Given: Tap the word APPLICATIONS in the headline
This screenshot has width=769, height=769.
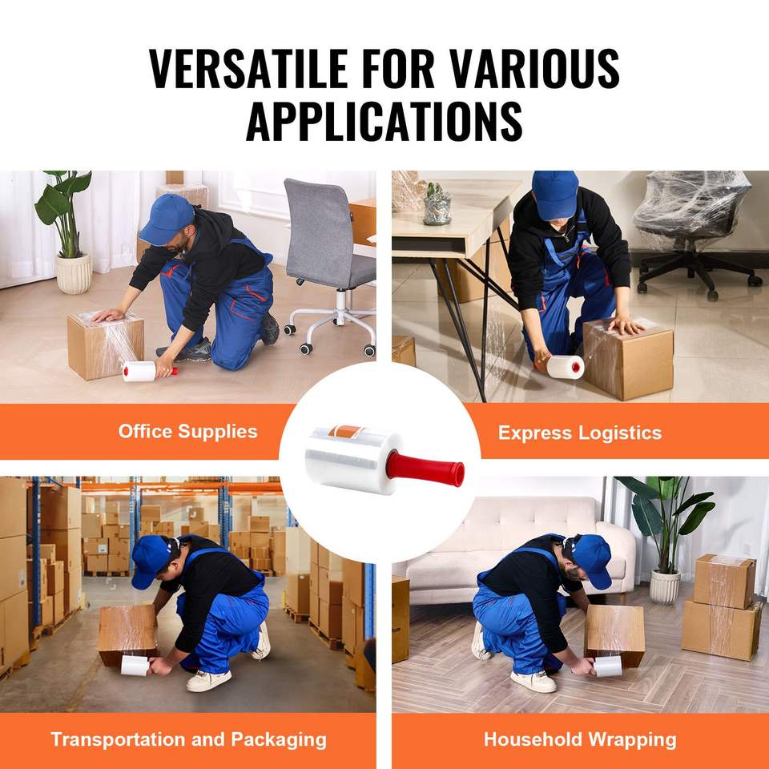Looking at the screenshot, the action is click(384, 121).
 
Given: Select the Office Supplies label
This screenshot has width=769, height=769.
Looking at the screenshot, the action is click(187, 432).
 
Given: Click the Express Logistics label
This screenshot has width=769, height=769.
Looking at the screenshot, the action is click(580, 433).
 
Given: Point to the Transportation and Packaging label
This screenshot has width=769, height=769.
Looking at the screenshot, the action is click(189, 739).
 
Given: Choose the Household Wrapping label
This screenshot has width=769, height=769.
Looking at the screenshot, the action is click(580, 739).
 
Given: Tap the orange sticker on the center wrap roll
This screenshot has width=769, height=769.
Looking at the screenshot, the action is click(346, 432).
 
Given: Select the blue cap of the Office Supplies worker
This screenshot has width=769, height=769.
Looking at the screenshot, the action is click(167, 219).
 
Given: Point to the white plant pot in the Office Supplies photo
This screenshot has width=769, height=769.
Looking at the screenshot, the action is click(74, 274).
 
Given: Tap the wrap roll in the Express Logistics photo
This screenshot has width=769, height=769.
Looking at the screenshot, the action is click(566, 367).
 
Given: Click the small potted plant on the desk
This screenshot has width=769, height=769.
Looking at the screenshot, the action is click(437, 204).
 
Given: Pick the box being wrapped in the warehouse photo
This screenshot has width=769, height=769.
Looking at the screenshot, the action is click(128, 634).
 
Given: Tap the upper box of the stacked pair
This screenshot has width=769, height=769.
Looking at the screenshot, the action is click(724, 582).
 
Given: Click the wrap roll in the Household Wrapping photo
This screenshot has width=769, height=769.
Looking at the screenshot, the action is click(608, 666).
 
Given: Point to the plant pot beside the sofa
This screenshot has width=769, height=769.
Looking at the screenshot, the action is click(665, 587).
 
